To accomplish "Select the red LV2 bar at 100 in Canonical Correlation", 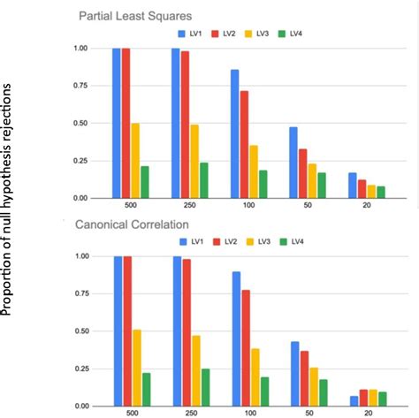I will (245, 347).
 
